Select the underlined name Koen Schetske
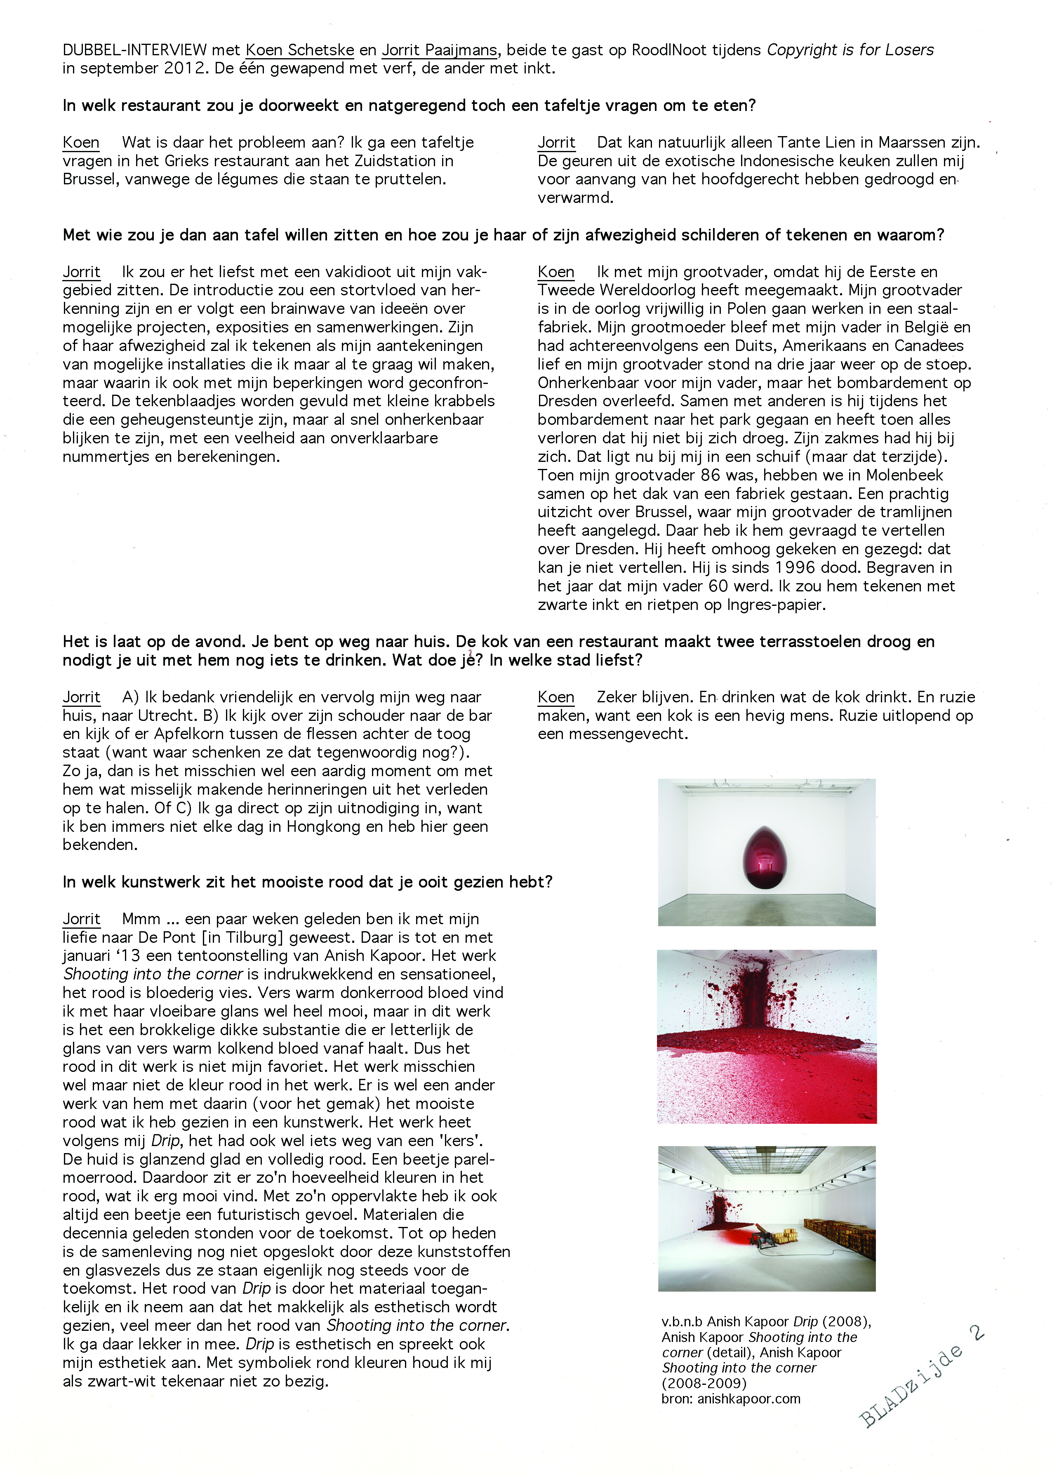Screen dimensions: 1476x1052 pos(299,50)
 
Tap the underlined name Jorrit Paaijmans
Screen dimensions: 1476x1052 pos(439,50)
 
